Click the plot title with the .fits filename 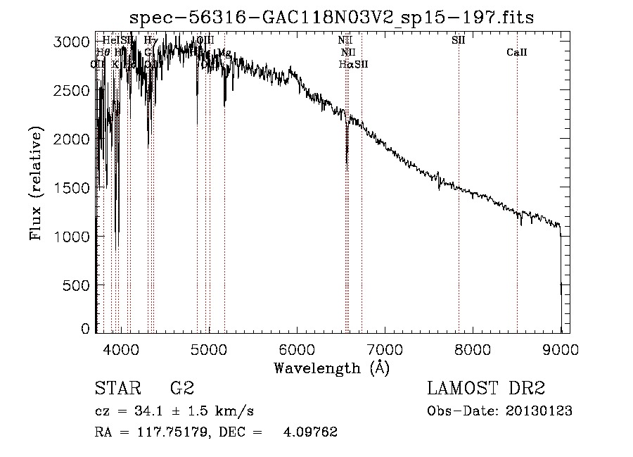tap(333, 18)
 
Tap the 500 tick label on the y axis tap(79, 285)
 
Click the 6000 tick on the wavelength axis tap(297, 347)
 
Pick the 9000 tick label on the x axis tap(561, 347)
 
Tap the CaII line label tap(517, 53)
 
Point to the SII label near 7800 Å tap(458, 40)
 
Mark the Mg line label tap(224, 53)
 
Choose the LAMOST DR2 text tap(486, 389)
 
